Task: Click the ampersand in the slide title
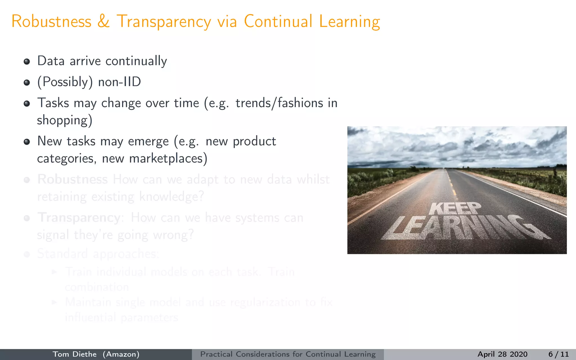click(x=103, y=21)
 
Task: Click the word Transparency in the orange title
click(x=164, y=22)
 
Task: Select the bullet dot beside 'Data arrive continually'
click(x=27, y=62)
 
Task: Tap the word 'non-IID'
click(x=120, y=82)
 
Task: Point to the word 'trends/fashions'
click(x=279, y=103)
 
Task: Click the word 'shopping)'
click(x=65, y=120)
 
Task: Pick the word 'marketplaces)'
click(x=168, y=159)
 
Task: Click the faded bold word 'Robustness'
click(x=73, y=179)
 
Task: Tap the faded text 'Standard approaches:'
click(x=98, y=254)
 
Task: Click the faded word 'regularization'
click(x=265, y=302)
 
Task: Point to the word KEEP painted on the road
click(x=455, y=209)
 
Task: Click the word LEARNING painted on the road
click(x=464, y=228)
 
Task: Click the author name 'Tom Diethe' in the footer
click(x=75, y=354)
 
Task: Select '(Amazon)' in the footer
click(x=121, y=354)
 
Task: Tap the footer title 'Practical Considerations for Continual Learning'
click(x=288, y=354)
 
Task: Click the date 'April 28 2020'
click(x=502, y=354)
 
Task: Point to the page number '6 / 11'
click(x=558, y=354)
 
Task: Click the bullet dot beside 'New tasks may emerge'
click(x=27, y=142)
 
